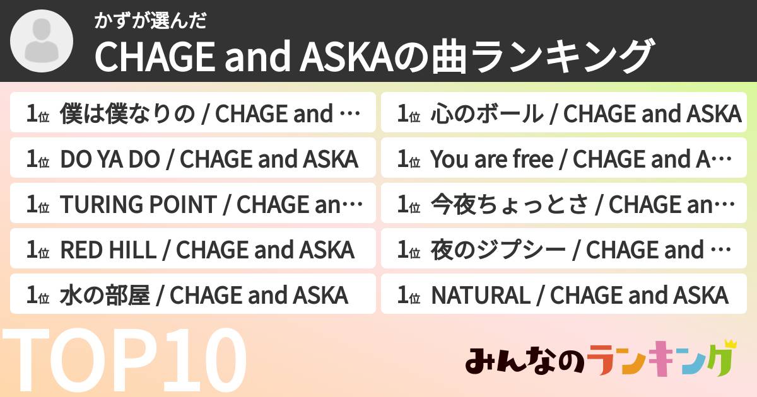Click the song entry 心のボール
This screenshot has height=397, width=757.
(564, 114)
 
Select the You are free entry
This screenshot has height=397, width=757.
(564, 159)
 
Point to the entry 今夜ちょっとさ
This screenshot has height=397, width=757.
(564, 205)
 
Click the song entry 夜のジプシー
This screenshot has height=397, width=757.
(564, 250)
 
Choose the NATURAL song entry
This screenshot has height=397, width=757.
(564, 296)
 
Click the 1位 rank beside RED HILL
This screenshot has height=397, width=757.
(37, 251)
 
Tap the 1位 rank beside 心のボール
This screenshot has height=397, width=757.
(408, 115)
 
